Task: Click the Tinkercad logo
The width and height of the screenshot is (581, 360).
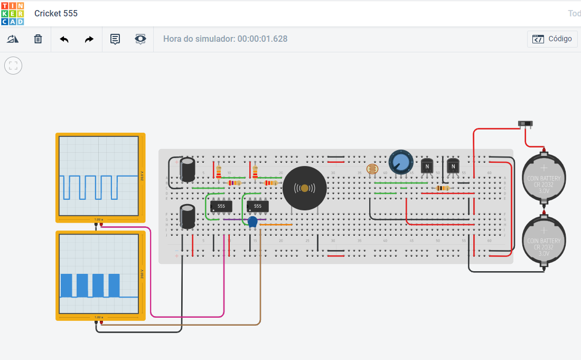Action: click(12, 13)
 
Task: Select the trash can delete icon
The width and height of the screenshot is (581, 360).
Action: click(38, 39)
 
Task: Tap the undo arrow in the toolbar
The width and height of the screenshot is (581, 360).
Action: click(64, 39)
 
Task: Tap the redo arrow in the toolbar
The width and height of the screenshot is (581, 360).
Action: click(89, 39)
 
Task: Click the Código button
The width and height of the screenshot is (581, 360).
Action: click(552, 39)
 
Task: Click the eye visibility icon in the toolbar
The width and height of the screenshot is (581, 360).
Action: click(140, 39)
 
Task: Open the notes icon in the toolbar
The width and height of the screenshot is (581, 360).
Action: click(115, 39)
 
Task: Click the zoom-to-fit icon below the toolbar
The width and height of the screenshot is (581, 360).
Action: click(13, 66)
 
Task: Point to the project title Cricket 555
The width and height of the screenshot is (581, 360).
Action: click(56, 13)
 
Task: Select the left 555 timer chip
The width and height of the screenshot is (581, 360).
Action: click(221, 206)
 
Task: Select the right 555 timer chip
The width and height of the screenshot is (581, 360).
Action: click(257, 206)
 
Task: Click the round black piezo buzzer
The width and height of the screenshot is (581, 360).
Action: click(304, 188)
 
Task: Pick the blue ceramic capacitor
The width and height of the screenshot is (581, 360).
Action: click(252, 221)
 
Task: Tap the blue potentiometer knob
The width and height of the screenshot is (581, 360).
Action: click(401, 161)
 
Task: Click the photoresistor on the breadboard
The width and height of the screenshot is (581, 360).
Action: click(372, 170)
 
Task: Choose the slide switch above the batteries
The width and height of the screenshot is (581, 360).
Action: click(525, 124)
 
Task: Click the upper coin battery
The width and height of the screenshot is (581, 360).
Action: click(544, 177)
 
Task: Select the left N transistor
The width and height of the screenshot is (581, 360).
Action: click(427, 166)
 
